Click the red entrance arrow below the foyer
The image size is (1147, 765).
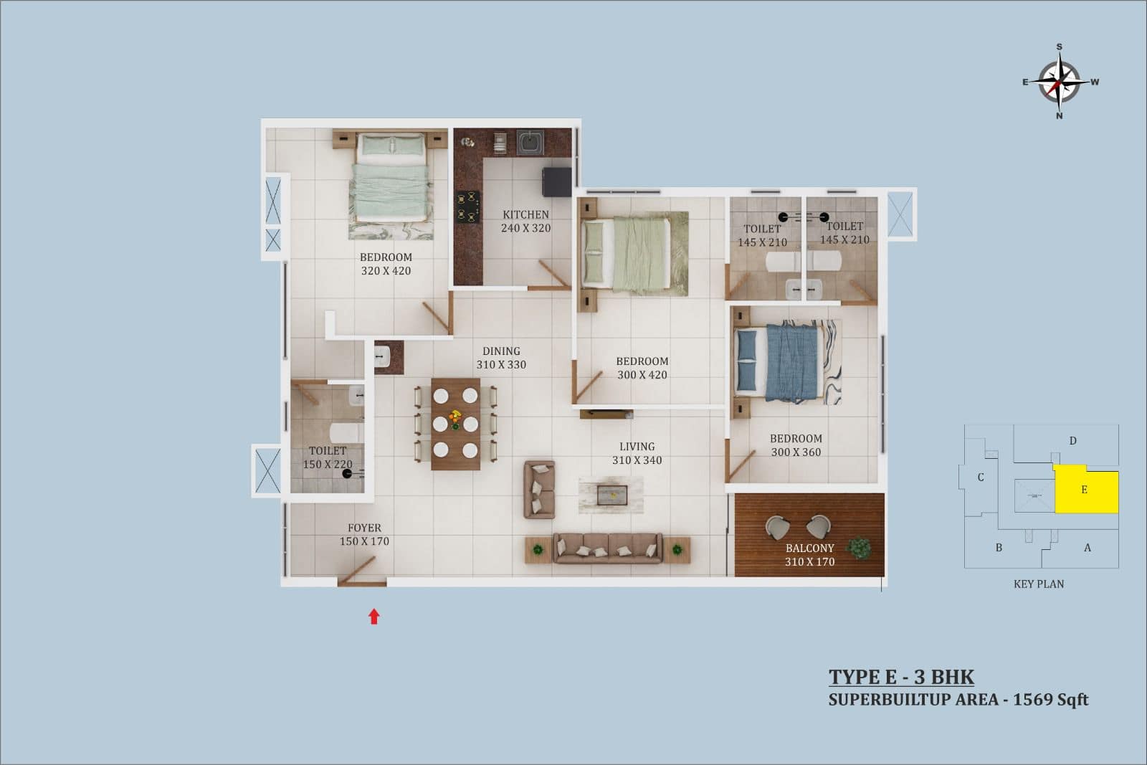[x=373, y=617]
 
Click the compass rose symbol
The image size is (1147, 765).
[x=1060, y=82]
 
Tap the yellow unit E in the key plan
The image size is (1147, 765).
[x=1086, y=489]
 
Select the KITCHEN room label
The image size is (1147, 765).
[x=525, y=214]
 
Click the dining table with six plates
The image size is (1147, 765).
[x=455, y=424]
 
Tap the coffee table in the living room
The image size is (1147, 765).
[x=612, y=495]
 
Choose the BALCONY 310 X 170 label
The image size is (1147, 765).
[x=809, y=554]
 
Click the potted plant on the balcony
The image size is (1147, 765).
[x=859, y=548]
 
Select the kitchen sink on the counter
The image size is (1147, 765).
[x=530, y=142]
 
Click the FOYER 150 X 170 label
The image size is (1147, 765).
[x=364, y=534]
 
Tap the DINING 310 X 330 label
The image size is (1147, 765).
[x=501, y=358]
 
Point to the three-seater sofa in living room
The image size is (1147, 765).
[x=608, y=548]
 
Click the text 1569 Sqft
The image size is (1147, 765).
[x=1051, y=700]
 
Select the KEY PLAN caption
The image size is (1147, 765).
[x=1039, y=584]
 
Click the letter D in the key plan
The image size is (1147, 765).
[x=1072, y=440]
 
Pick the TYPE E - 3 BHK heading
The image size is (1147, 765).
[x=901, y=677]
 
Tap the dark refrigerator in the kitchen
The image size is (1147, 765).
[x=556, y=182]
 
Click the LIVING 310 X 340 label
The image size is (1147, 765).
[x=637, y=453]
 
